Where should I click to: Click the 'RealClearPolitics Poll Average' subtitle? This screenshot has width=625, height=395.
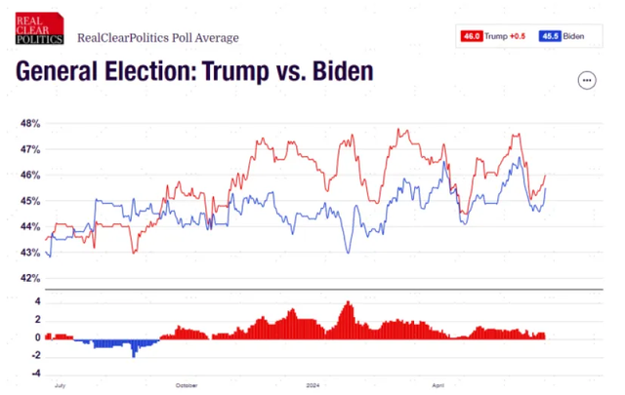157,38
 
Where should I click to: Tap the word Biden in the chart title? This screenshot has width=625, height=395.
343,72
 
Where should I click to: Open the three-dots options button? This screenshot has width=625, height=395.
587,80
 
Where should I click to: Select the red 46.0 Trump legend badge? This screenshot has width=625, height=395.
472,36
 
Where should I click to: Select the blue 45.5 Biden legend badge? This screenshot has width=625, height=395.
550,36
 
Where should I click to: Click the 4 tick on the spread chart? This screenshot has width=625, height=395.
35,302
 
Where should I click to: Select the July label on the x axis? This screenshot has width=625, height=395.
61,386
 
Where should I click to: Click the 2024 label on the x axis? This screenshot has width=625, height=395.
312,386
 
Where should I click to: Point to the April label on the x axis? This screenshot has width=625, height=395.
439,386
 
